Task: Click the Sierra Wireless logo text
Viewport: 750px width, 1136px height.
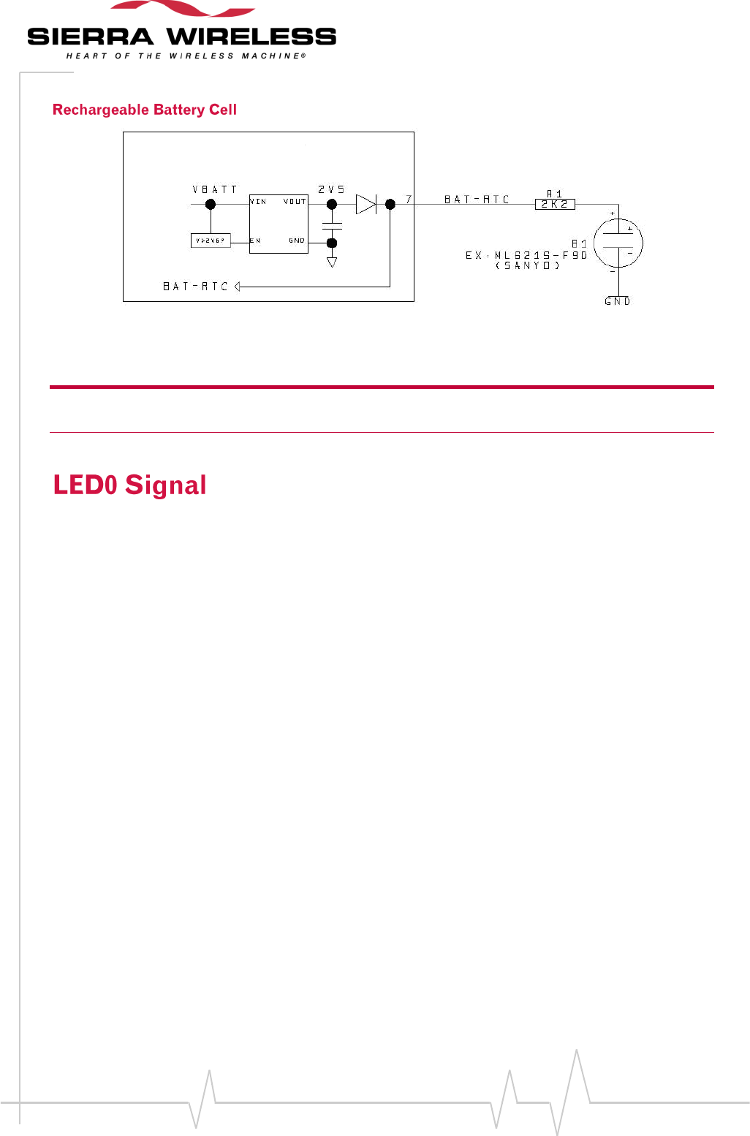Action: [x=181, y=37]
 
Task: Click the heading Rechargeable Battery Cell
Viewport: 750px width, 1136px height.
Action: [x=145, y=110]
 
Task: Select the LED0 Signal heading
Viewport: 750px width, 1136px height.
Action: [x=130, y=485]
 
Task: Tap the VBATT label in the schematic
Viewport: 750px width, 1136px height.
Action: [x=215, y=189]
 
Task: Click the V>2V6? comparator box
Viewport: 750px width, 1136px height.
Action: [x=211, y=241]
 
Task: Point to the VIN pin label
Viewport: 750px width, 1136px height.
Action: [x=259, y=201]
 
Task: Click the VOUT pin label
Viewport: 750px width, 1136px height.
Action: [x=295, y=201]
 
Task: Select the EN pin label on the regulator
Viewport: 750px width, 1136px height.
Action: [x=255, y=241]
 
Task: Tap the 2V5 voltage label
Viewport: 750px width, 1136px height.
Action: [x=331, y=189]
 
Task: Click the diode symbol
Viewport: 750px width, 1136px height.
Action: [x=366, y=205]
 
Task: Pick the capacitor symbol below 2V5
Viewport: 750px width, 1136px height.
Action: [x=332, y=226]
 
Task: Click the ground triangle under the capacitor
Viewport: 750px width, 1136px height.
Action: [x=332, y=262]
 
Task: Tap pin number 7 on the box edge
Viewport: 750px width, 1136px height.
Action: [x=409, y=199]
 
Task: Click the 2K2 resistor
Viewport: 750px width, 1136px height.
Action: [x=555, y=205]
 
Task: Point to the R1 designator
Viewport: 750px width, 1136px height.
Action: [x=555, y=194]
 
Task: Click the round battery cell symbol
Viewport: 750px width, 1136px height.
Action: [x=618, y=243]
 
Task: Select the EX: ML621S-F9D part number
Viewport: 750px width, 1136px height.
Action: [x=526, y=255]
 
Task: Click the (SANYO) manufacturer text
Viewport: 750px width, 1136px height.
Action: [x=527, y=265]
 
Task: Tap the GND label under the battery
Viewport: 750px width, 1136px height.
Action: [x=618, y=301]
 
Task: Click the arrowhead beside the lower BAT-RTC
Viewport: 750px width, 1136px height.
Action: [x=238, y=287]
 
